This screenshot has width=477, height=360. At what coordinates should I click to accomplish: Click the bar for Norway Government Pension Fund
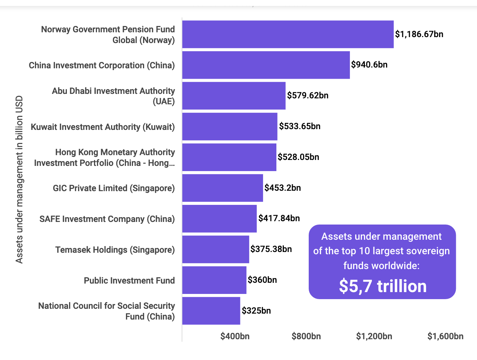coord(288,34)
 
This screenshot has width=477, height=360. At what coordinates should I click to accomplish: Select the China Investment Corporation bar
coord(266,65)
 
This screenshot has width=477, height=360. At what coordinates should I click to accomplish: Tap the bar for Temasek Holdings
coord(215,249)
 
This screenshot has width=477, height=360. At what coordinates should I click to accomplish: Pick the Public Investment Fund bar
coord(214,280)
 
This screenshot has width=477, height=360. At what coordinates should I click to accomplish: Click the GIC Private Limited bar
coord(222,188)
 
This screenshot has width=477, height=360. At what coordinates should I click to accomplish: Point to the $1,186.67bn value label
coord(419,34)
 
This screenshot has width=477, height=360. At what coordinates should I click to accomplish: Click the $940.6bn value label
coord(369,65)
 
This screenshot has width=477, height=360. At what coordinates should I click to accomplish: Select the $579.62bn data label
coord(308,95)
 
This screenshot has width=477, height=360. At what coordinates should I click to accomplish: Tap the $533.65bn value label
coord(300,126)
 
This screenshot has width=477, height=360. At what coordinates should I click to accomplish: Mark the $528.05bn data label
coord(298,157)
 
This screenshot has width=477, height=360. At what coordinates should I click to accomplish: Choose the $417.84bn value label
coord(279,218)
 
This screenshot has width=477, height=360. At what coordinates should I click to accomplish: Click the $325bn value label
coord(256,311)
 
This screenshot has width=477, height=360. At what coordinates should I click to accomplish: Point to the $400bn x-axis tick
coord(235,336)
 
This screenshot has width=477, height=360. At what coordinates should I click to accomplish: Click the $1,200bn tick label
coord(374,336)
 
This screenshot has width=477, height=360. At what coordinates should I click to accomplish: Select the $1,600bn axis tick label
coord(445,336)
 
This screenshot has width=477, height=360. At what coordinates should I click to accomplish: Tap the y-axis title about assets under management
coord(19,180)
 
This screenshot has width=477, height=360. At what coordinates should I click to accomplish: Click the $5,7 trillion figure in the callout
coord(383,286)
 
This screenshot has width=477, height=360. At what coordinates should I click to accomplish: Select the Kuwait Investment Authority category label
coord(103,127)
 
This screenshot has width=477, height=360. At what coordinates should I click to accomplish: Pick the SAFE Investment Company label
coord(107,219)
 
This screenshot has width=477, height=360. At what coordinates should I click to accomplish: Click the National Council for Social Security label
coord(107,311)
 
